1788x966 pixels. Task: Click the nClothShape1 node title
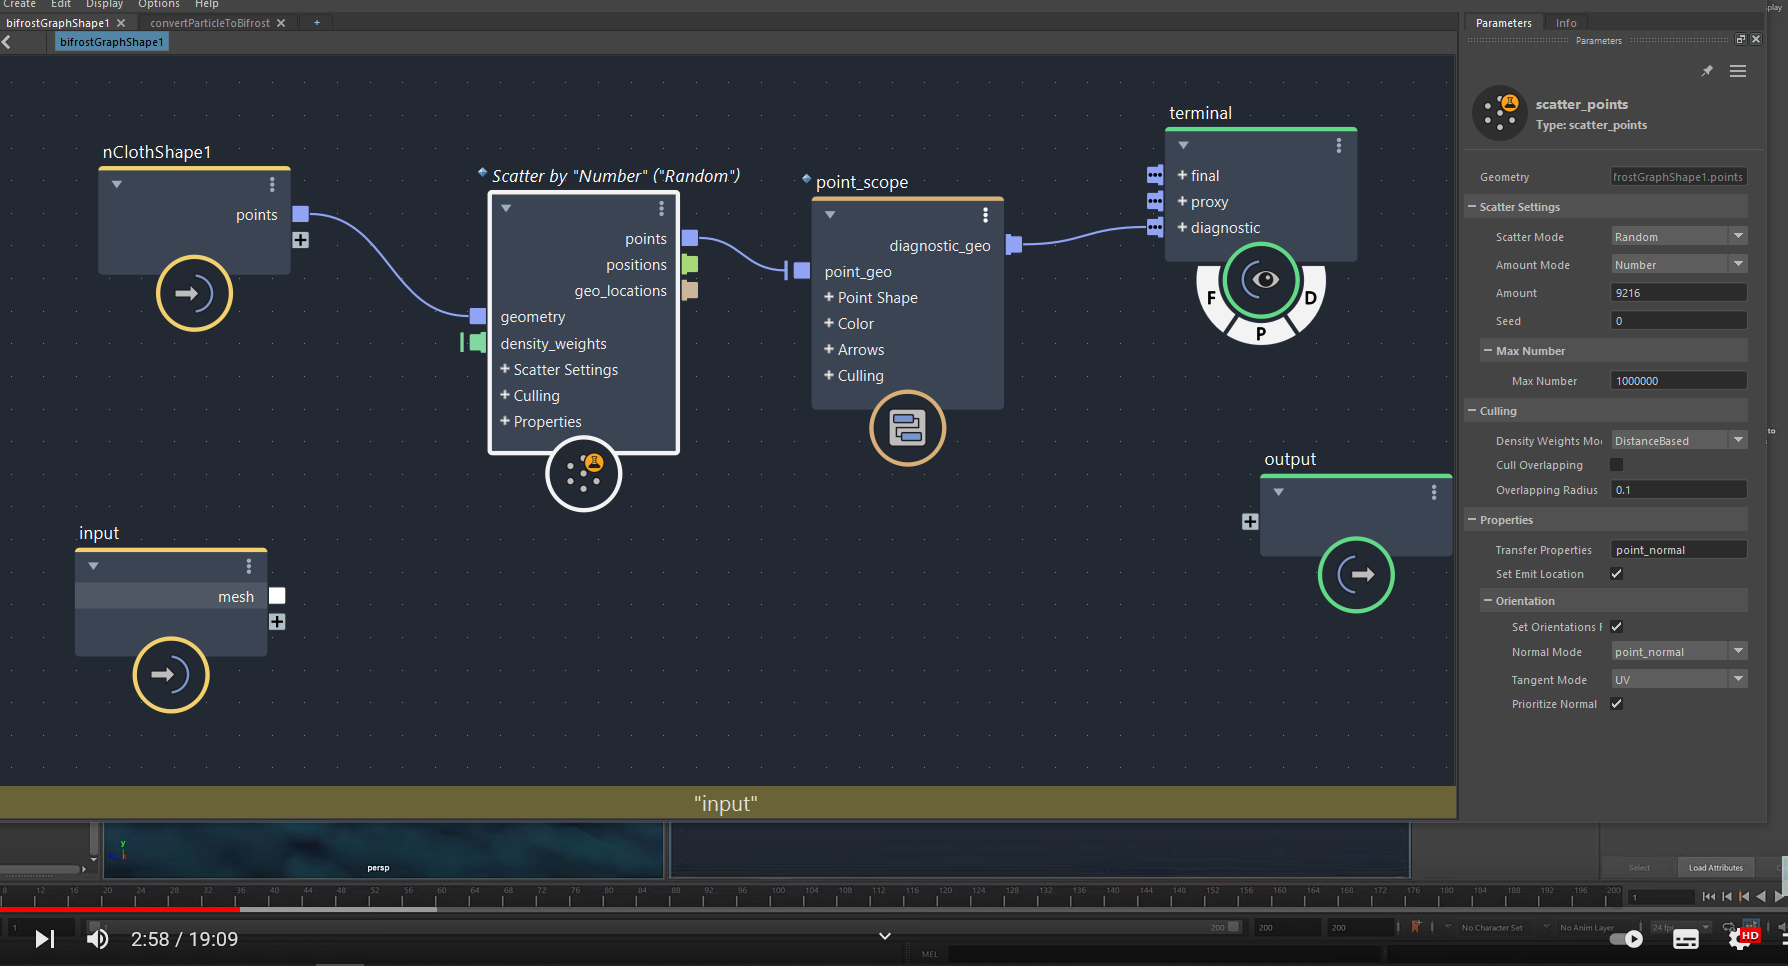[157, 152]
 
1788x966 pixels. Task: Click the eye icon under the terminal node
[1264, 279]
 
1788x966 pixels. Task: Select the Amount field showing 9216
[1678, 293]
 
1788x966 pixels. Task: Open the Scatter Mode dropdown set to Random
[1678, 237]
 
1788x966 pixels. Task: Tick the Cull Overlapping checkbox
[1616, 465]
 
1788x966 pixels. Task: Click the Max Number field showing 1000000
[1678, 381]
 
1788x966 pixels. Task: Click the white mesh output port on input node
[277, 596]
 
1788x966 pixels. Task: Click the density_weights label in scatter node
[553, 344]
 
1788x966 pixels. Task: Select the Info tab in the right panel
[1566, 23]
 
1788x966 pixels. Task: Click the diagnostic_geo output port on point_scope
[1014, 244]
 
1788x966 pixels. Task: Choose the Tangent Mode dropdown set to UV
[1678, 680]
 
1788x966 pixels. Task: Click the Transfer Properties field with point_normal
[1678, 550]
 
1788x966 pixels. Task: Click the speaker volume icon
[97, 939]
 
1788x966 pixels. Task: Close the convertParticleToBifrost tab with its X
[281, 23]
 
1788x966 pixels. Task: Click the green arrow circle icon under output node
[1355, 575]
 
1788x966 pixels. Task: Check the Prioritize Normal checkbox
[1616, 704]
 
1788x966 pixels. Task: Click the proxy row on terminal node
[1208, 202]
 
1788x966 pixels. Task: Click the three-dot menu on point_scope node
[985, 215]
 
